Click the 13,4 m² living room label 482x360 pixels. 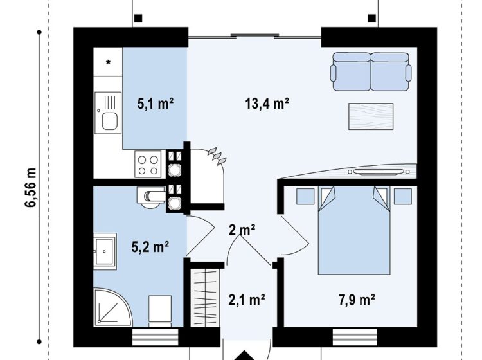pyautogui.click(x=267, y=104)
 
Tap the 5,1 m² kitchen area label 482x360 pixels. pyautogui.click(x=156, y=104)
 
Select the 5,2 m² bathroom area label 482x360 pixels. pyautogui.click(x=150, y=247)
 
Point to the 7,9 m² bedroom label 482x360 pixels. pyautogui.click(x=357, y=300)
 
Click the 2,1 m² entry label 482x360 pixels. pyautogui.click(x=247, y=300)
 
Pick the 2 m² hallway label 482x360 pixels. pyautogui.click(x=242, y=230)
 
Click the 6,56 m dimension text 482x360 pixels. pyautogui.click(x=31, y=188)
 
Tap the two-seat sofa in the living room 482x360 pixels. pyautogui.click(x=371, y=71)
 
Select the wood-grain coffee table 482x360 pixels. pyautogui.click(x=371, y=116)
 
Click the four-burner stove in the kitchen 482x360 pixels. pyautogui.click(x=148, y=165)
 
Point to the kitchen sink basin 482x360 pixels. pyautogui.click(x=110, y=121)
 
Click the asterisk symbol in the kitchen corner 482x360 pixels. pyautogui.click(x=108, y=63)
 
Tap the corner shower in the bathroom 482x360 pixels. pyautogui.click(x=113, y=307)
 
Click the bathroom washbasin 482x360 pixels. pyautogui.click(x=105, y=251)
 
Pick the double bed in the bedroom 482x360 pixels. pyautogui.click(x=354, y=230)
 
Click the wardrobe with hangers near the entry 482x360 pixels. pyautogui.click(x=205, y=298)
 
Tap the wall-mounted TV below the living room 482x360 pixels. pyautogui.click(x=379, y=172)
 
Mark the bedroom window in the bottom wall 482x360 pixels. pyautogui.click(x=355, y=337)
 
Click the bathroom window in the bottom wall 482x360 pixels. pyautogui.click(x=156, y=337)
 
